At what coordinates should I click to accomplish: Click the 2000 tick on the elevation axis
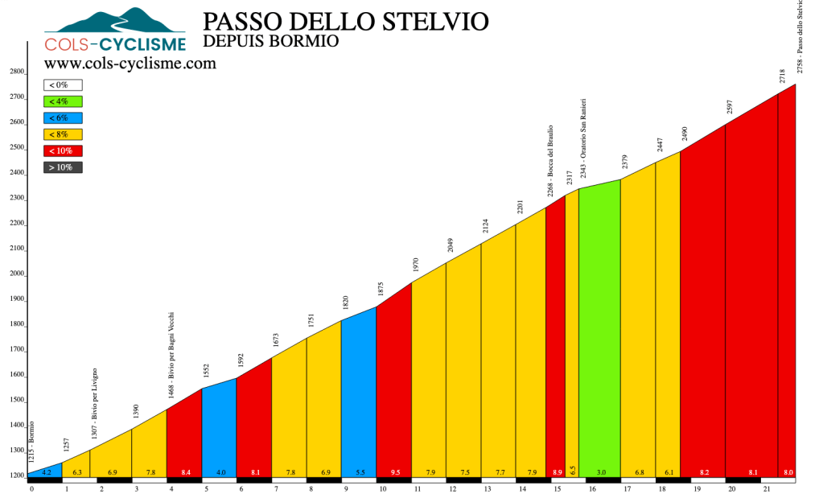click(17, 274)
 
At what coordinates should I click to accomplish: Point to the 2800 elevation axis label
click(17, 72)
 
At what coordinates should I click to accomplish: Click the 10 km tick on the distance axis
click(382, 488)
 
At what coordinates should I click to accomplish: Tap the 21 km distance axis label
click(767, 488)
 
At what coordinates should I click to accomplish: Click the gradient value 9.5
click(394, 471)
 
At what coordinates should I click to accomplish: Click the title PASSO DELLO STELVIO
click(346, 21)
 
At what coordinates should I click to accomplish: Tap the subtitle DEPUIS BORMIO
click(271, 41)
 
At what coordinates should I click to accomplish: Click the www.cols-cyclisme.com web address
click(130, 64)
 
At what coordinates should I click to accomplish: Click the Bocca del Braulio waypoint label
click(550, 161)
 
